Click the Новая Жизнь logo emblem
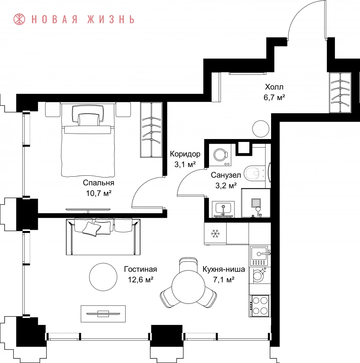tap(19, 19)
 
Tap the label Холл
tap(274, 87)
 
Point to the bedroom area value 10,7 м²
tap(99, 193)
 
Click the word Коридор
tap(185, 154)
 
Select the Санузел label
tap(226, 175)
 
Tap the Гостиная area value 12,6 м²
tap(140, 280)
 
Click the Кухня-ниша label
tap(224, 269)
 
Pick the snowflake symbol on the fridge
tap(215, 234)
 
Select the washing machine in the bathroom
tap(220, 155)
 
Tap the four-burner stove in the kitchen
tap(259, 306)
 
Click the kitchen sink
tap(259, 256)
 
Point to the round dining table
tap(188, 287)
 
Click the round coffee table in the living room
tap(103, 277)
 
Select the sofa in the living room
tap(103, 237)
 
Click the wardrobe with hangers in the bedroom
tap(151, 130)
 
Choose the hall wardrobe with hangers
tap(340, 93)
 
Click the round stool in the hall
tap(261, 129)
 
